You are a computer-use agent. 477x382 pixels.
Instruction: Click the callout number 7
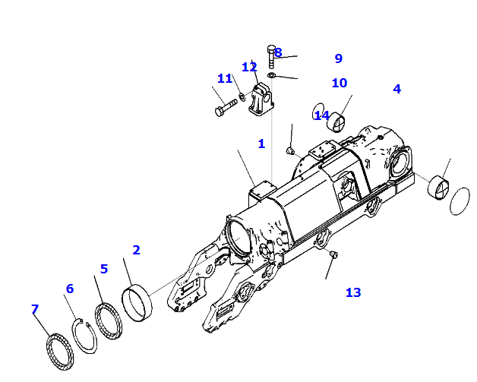[35, 309]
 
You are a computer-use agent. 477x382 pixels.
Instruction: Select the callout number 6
[70, 289]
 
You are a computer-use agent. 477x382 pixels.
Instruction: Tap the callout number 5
[104, 269]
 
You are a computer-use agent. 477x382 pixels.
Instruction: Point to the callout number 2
[136, 250]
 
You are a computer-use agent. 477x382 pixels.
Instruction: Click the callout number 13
[353, 292]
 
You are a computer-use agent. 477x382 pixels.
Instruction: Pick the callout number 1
[261, 144]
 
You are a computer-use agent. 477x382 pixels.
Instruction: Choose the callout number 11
[225, 78]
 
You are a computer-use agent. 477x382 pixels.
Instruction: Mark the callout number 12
[249, 68]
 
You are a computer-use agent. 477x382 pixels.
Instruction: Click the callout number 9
[339, 58]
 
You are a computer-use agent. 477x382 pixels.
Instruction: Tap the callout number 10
[340, 83]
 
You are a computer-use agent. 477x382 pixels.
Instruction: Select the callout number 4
[397, 89]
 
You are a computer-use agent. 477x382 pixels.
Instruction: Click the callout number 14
[321, 115]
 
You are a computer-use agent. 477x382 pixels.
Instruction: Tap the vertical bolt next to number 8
[271, 57]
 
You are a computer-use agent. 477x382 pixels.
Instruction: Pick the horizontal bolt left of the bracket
[226, 108]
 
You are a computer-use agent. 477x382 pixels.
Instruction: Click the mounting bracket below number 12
[261, 99]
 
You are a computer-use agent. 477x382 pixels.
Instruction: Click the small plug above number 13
[333, 254]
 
